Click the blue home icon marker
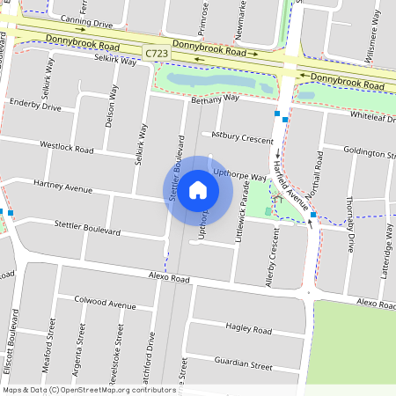click(198, 189)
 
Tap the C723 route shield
click(157, 55)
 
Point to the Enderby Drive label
click(34, 106)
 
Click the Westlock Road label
click(66, 147)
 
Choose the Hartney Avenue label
click(62, 187)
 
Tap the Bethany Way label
click(215, 99)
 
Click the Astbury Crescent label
click(243, 137)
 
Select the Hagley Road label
click(248, 328)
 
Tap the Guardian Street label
click(249, 363)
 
